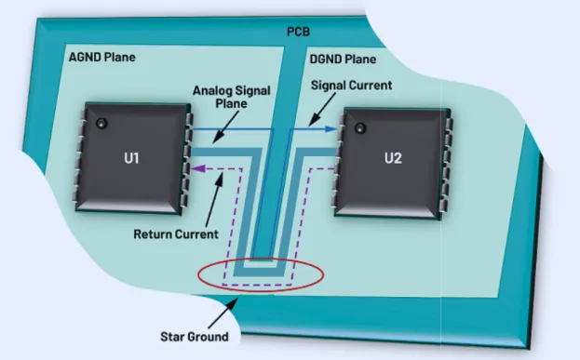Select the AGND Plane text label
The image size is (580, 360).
(102, 58)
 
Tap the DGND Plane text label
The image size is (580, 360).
(342, 59)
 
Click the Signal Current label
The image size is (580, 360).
(351, 85)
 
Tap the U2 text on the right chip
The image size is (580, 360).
(393, 158)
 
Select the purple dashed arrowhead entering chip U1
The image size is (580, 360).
(196, 168)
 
